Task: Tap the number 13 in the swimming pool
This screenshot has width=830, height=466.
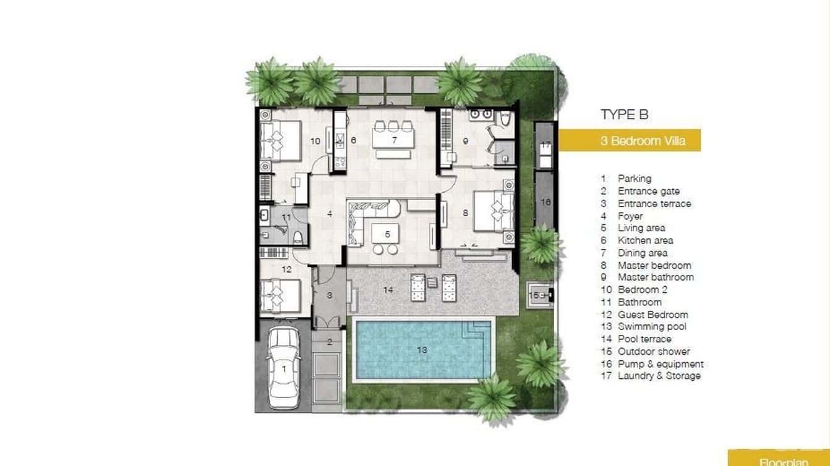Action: [422, 350]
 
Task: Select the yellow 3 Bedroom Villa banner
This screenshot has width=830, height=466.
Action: [630, 140]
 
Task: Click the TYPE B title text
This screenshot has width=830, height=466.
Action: [625, 114]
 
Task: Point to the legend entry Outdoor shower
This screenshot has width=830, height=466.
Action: [653, 351]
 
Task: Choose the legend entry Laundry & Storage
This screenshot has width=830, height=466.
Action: [659, 376]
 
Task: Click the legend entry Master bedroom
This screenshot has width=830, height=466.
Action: [654, 265]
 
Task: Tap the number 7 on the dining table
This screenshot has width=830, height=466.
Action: [393, 140]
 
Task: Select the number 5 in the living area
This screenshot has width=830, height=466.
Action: [387, 235]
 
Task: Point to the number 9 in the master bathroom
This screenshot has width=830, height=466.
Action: [465, 142]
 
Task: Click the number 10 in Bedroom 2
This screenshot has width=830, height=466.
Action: [315, 142]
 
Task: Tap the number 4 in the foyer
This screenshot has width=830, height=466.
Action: [330, 214]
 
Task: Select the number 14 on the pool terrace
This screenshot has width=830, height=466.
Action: [388, 289]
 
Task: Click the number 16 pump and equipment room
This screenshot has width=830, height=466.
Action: [545, 201]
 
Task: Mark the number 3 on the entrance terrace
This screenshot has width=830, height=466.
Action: [330, 295]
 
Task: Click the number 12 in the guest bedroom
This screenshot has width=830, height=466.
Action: [286, 269]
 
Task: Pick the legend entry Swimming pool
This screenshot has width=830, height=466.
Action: [651, 326]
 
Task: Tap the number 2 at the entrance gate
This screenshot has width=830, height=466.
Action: [330, 341]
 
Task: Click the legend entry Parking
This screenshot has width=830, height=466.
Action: [634, 179]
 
